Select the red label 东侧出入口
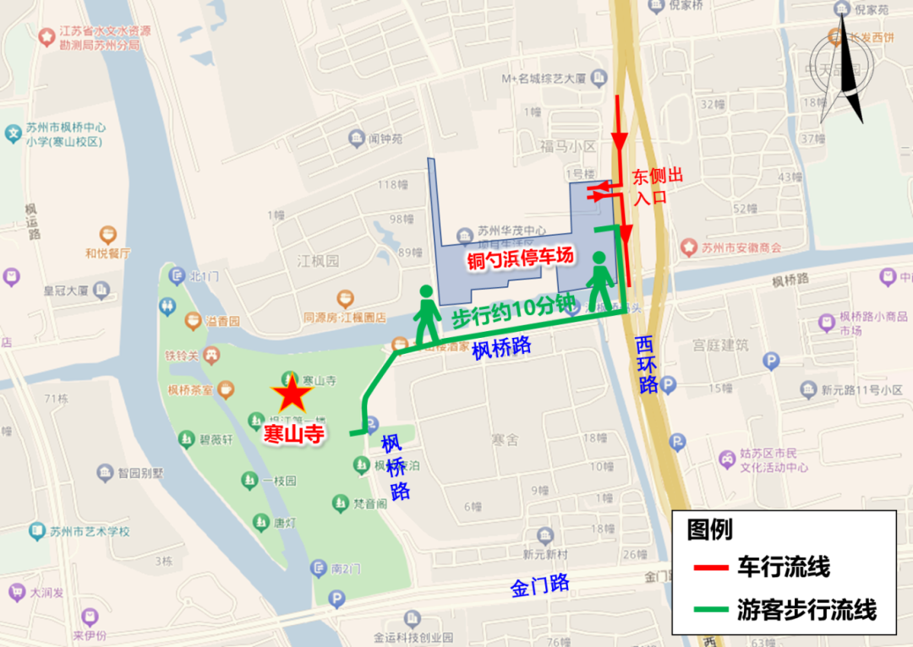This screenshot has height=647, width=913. [658, 187]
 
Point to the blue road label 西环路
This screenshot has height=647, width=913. [647, 365]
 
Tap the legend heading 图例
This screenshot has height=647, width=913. [709, 530]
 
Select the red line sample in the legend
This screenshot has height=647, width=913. [708, 568]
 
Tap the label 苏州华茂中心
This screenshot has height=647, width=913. [511, 231]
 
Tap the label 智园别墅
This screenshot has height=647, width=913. [139, 473]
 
